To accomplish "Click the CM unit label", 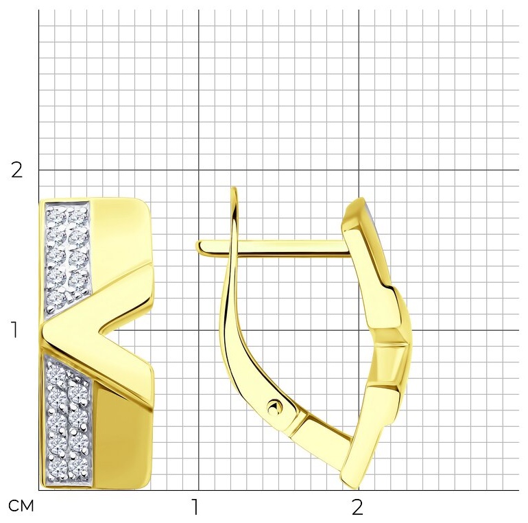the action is [21, 506].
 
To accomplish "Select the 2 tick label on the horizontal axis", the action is [358, 507].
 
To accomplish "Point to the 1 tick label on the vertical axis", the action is [14, 330].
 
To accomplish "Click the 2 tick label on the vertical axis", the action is [17, 170].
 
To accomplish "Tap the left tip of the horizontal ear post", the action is [197, 246].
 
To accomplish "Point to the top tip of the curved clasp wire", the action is [235, 188].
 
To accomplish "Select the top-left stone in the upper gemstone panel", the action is [56, 215].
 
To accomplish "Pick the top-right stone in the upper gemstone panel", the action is [77, 215].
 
